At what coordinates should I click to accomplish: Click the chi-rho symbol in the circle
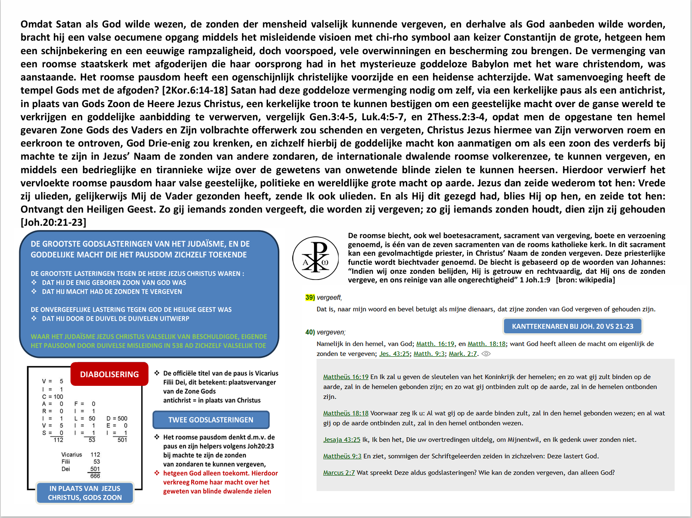tap(315, 258)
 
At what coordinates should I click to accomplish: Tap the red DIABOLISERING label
tap(109, 374)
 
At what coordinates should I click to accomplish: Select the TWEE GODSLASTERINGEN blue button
tap(211, 420)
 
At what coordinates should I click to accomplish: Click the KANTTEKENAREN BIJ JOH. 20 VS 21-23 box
tap(572, 326)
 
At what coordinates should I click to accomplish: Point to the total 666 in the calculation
tap(95, 476)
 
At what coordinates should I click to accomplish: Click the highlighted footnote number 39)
tap(310, 298)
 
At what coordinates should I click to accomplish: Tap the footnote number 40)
tap(310, 332)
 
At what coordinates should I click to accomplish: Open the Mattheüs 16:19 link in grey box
tap(346, 377)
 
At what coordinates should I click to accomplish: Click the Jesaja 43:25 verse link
tap(341, 440)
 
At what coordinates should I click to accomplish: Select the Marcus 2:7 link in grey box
tap(339, 472)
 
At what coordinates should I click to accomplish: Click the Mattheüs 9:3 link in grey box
tap(342, 456)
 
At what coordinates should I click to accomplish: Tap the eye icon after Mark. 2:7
tap(486, 354)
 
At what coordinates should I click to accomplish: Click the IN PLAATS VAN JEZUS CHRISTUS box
tap(85, 493)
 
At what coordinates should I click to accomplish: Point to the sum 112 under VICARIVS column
tap(58, 440)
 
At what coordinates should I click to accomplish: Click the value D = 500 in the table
tap(117, 418)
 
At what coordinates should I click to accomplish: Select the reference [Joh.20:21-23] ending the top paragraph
tap(53, 222)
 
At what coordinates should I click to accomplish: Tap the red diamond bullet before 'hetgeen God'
tap(157, 473)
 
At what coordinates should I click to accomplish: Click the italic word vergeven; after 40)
tap(331, 332)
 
